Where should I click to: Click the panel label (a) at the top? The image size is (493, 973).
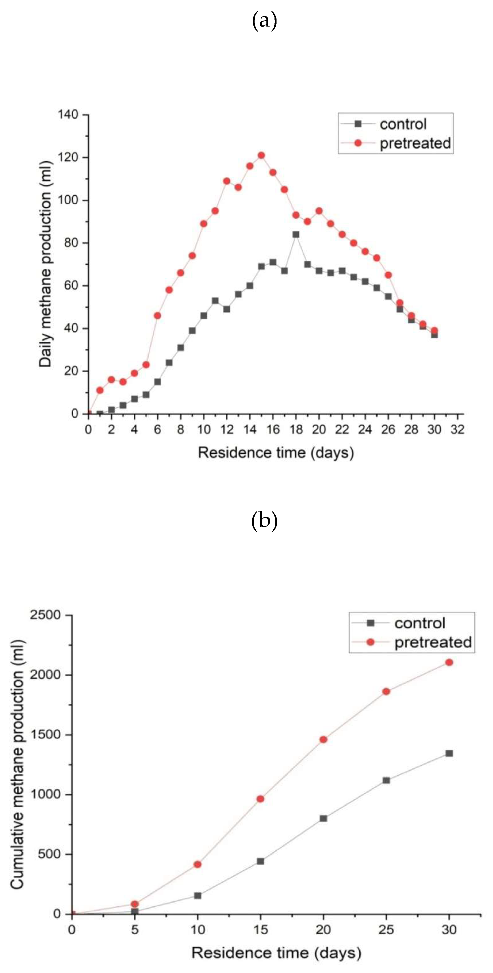pyautogui.click(x=264, y=21)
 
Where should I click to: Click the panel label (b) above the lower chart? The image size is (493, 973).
pyautogui.click(x=264, y=521)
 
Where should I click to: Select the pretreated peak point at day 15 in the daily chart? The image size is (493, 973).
pyautogui.click(x=261, y=155)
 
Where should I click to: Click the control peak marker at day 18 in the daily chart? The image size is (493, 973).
pyautogui.click(x=296, y=235)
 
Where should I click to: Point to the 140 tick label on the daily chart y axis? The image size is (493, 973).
pyautogui.click(x=68, y=114)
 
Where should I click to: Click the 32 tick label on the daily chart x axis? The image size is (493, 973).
pyautogui.click(x=457, y=429)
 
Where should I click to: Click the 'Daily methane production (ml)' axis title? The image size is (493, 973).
pyautogui.click(x=45, y=264)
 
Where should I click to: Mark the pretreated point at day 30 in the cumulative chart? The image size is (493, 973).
pyautogui.click(x=449, y=662)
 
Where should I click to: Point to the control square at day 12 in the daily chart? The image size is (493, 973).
pyautogui.click(x=227, y=309)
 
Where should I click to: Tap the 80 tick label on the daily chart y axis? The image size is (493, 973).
pyautogui.click(x=71, y=242)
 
